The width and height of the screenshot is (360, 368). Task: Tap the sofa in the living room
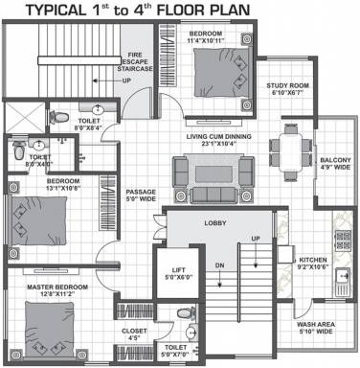[199, 172]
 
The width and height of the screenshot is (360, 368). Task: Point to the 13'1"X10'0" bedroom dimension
[41, 188]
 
